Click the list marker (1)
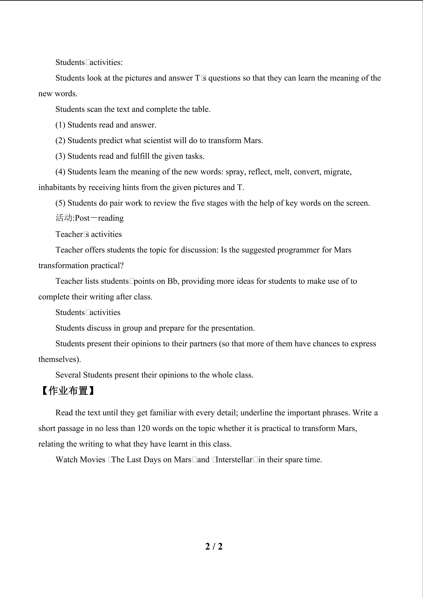[60, 125]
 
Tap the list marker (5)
[60, 203]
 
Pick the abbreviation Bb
[172, 281]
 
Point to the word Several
[68, 375]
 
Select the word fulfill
[140, 156]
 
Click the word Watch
[66, 459]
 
